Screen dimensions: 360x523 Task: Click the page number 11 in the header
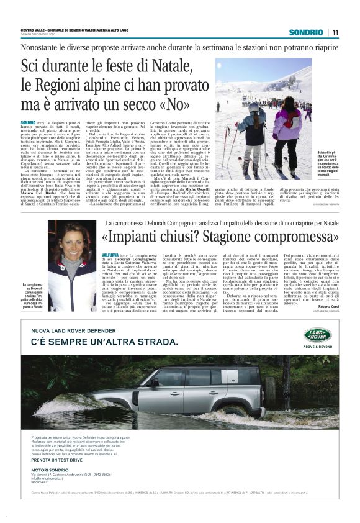(335, 32)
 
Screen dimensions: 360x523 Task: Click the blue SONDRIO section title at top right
(306, 32)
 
